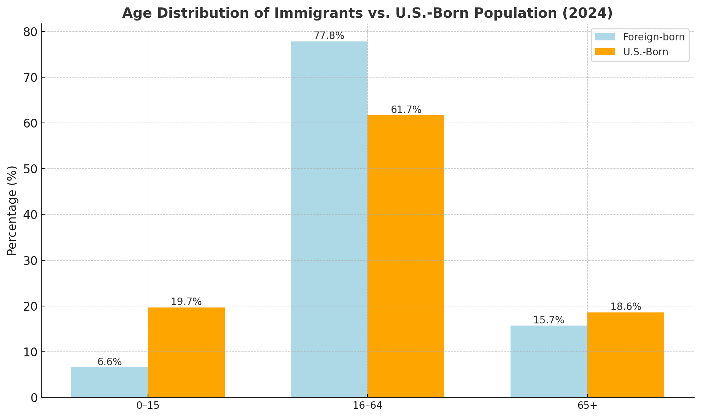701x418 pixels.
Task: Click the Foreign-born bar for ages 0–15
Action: pyautogui.click(x=109, y=382)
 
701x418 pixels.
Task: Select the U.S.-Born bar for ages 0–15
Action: pyautogui.click(x=186, y=352)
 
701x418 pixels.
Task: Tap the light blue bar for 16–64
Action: pyautogui.click(x=329, y=219)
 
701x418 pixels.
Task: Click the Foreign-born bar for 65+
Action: pyautogui.click(x=549, y=361)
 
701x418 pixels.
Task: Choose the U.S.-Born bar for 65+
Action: pyautogui.click(x=626, y=355)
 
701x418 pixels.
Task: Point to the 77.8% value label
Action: pyautogui.click(x=329, y=36)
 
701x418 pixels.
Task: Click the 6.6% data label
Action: pyautogui.click(x=109, y=362)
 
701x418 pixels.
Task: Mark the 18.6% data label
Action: pyautogui.click(x=626, y=307)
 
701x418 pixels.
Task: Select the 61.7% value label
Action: pyautogui.click(x=406, y=110)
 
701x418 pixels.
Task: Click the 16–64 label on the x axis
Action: pyautogui.click(x=367, y=406)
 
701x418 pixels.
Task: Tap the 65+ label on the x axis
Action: pyautogui.click(x=587, y=406)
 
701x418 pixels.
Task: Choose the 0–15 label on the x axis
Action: pyautogui.click(x=148, y=406)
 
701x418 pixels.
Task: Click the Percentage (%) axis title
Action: pyautogui.click(x=12, y=211)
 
